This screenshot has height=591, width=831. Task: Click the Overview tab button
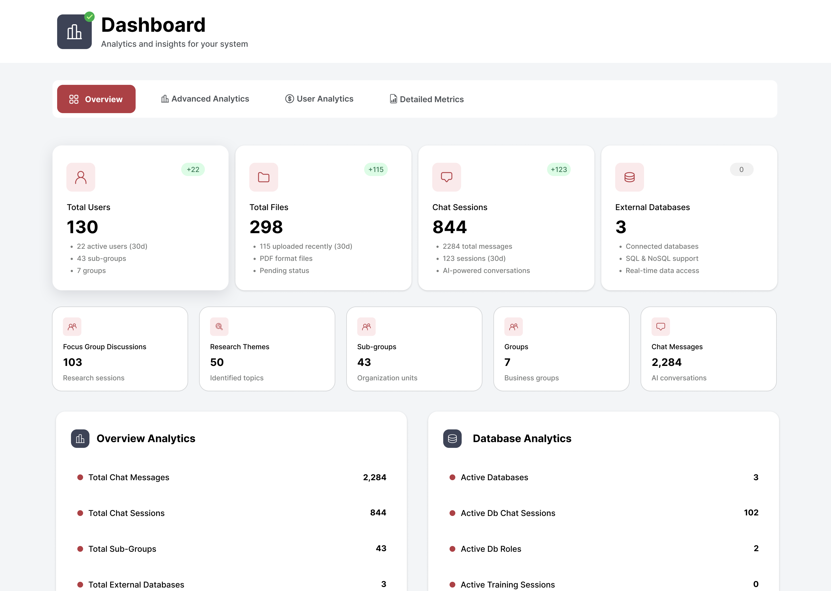tap(96, 99)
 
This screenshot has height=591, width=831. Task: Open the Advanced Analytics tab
tap(205, 99)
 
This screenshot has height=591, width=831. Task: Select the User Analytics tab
tap(319, 99)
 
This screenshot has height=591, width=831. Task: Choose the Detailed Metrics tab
tap(426, 99)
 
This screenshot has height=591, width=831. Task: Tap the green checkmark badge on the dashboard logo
tap(89, 17)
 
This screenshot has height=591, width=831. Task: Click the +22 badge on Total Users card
tap(193, 170)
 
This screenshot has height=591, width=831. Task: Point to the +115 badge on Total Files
tap(376, 170)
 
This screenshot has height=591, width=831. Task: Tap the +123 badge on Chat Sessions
tap(559, 170)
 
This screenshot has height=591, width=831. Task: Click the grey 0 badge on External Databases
tap(741, 170)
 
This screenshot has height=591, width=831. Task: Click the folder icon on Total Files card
tap(263, 177)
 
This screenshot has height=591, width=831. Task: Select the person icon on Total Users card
tap(81, 177)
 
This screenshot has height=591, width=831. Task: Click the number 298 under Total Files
tap(266, 227)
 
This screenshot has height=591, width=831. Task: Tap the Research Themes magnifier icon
tap(219, 327)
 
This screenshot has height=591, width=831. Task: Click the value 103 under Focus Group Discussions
tap(72, 362)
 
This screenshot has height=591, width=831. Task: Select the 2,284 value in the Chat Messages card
tap(666, 362)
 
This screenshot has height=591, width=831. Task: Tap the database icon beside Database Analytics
tap(452, 439)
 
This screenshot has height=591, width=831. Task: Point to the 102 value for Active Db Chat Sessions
tap(751, 513)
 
